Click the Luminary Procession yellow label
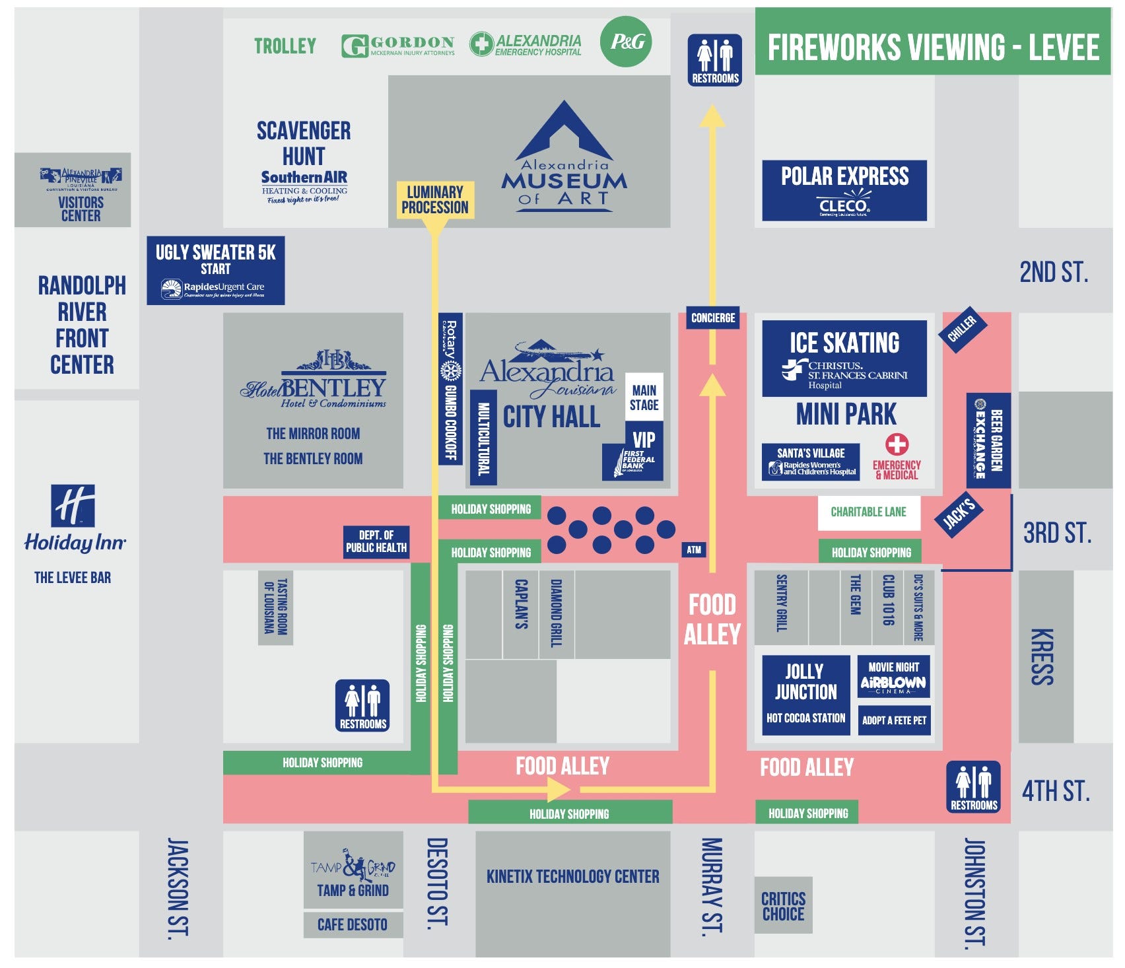[434, 200]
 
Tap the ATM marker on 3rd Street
[693, 549]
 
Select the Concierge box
[712, 318]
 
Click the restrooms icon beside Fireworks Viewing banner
[715, 60]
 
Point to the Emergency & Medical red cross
[897, 444]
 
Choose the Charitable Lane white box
[868, 512]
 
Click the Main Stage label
[644, 398]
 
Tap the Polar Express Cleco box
[844, 190]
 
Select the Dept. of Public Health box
[376, 542]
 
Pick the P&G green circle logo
[626, 42]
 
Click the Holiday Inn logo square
[73, 506]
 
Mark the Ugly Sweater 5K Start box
[215, 270]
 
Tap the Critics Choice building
[783, 906]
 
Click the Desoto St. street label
[437, 884]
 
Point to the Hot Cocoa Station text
[805, 718]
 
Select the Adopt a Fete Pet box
[894, 720]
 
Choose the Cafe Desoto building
[353, 924]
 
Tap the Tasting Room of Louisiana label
[275, 607]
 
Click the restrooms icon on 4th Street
[973, 786]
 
